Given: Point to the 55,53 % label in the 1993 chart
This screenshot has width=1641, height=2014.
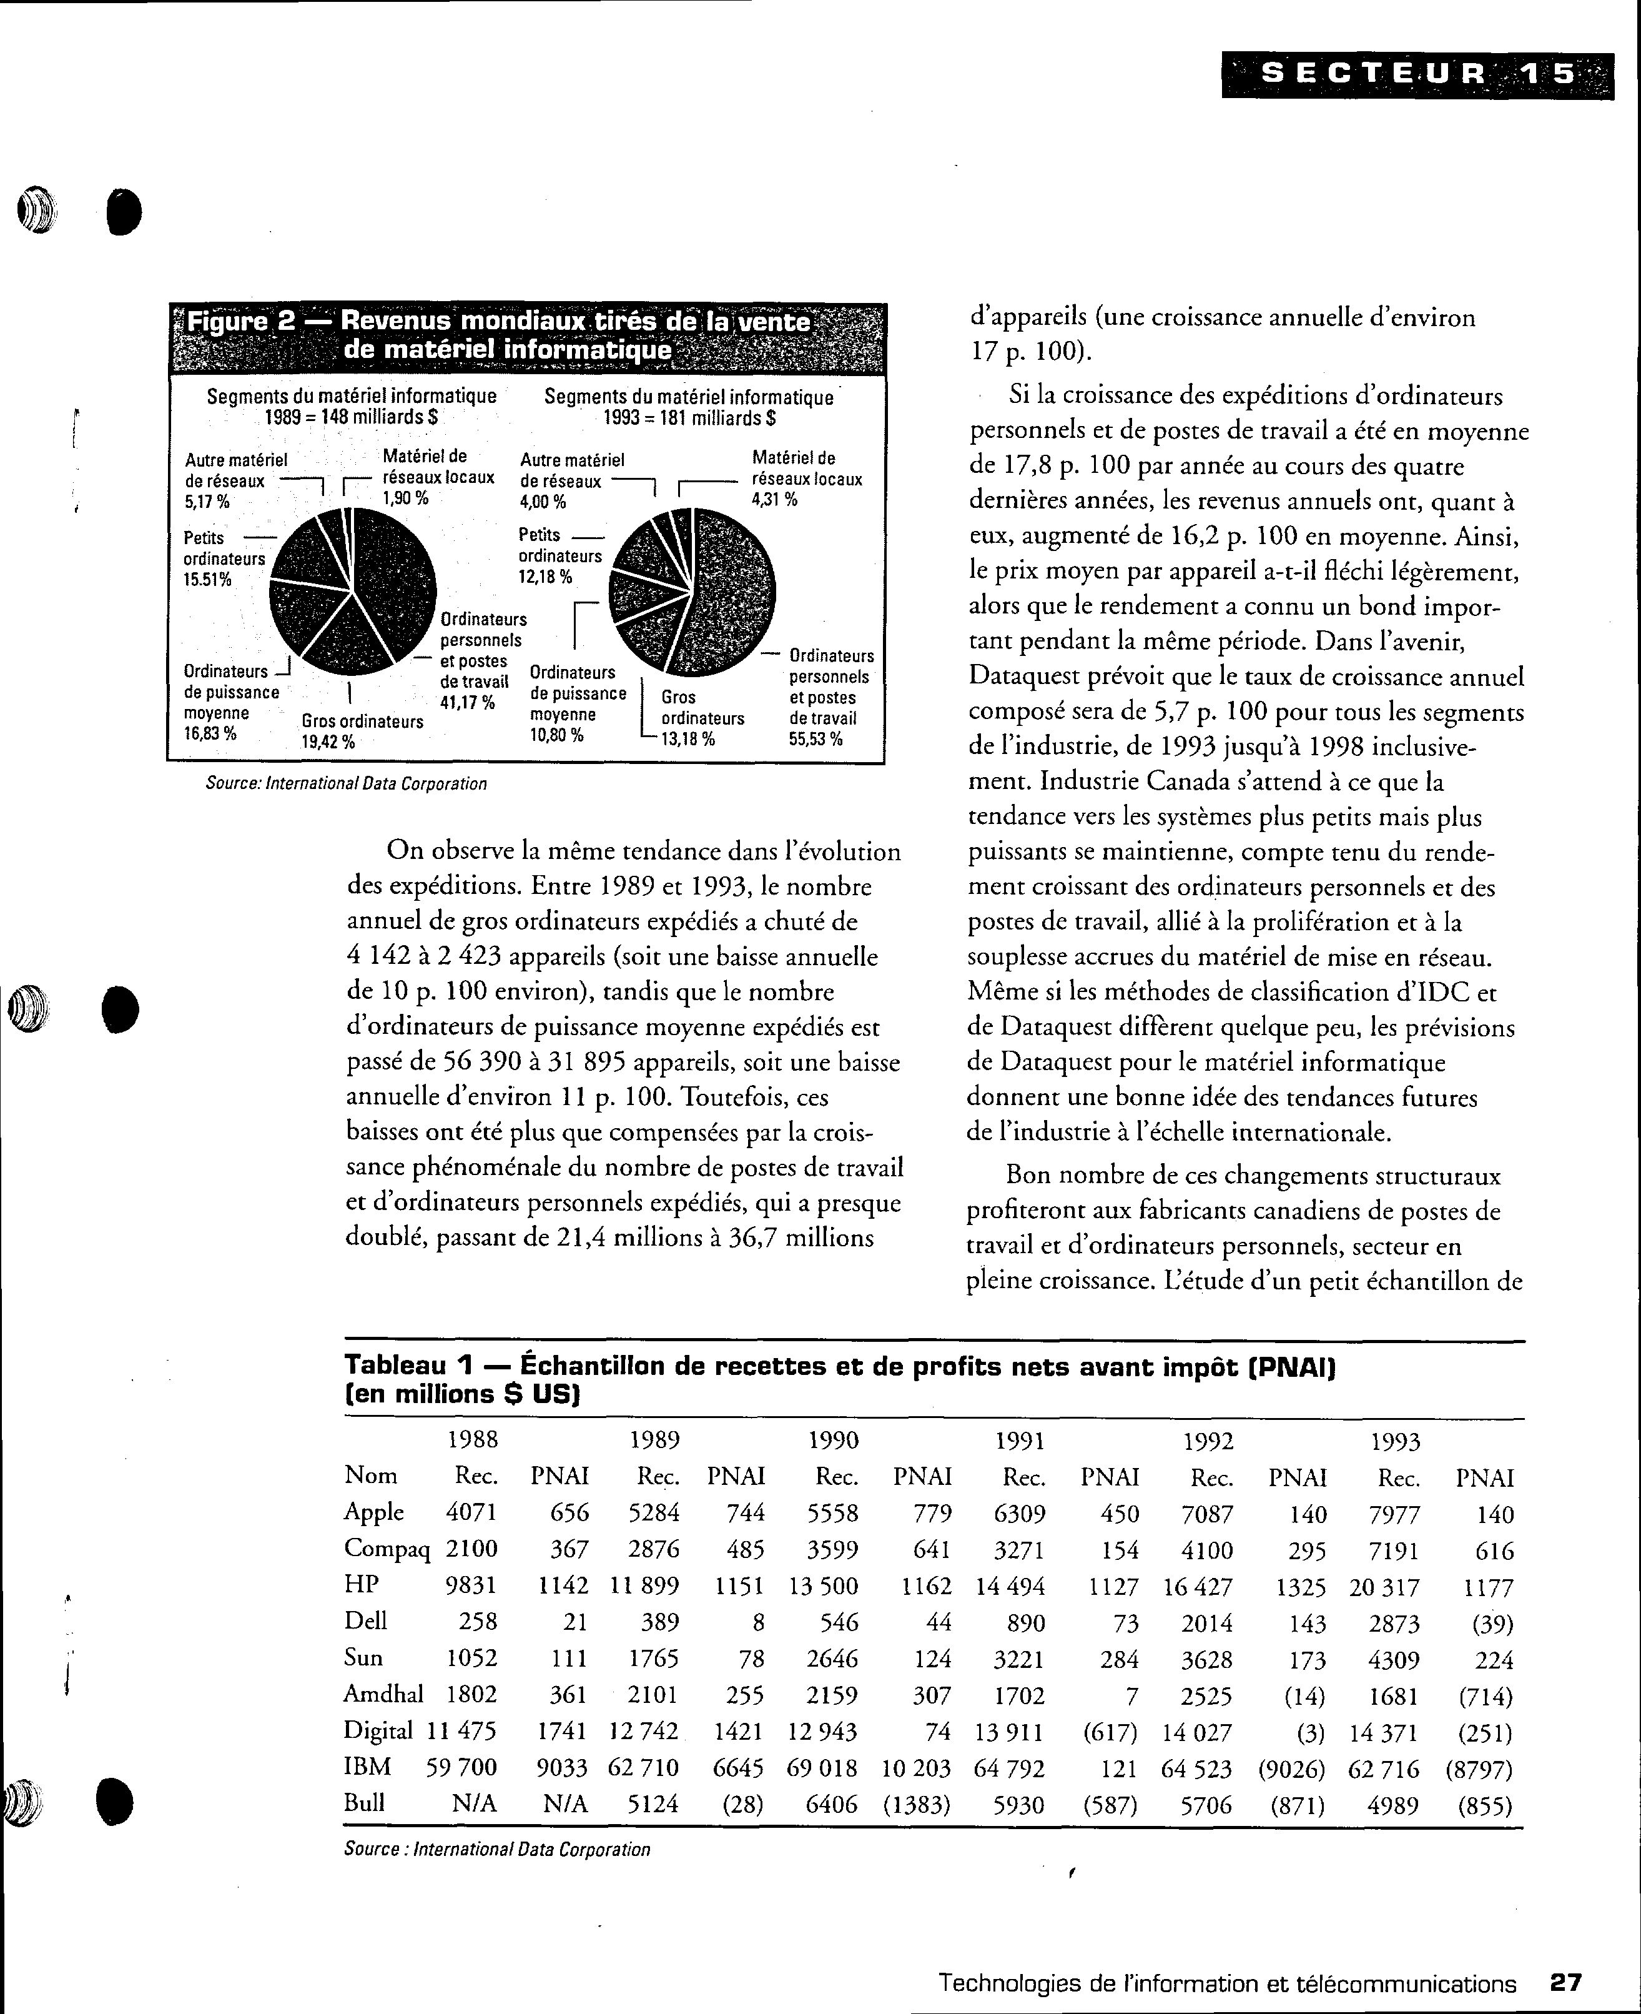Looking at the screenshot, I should coord(815,738).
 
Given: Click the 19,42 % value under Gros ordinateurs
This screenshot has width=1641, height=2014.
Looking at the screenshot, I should coord(327,742).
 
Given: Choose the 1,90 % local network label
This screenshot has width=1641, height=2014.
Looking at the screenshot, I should coord(405,497).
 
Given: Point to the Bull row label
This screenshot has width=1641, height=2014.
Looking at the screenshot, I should coord(364,1803).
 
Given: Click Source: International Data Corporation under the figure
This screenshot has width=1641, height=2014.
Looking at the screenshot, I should coord(346,784).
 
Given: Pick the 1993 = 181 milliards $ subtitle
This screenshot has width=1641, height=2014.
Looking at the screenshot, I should coord(689,418).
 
